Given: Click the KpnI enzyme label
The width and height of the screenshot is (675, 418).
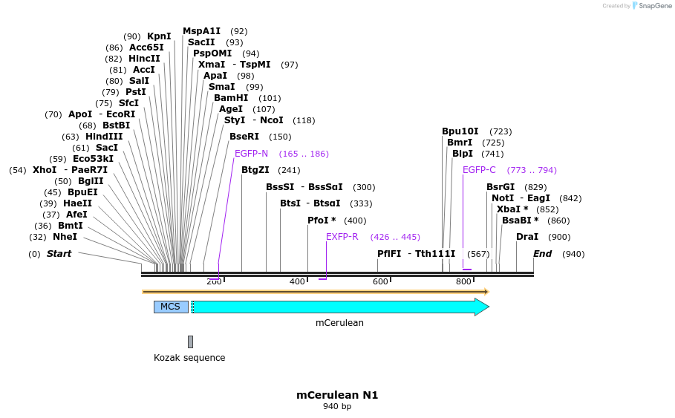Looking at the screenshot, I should click(159, 36).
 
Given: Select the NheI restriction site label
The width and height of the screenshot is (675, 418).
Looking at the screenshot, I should click(65, 237).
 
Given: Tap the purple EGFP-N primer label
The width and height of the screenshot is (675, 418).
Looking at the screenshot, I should click(251, 154).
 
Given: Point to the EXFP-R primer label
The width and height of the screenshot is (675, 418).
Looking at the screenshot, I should click(342, 237).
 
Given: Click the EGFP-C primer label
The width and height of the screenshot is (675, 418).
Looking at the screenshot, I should click(479, 170).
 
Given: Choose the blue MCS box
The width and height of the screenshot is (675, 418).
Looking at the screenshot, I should click(171, 307).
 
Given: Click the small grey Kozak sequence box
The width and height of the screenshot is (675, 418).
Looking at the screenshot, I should click(190, 342).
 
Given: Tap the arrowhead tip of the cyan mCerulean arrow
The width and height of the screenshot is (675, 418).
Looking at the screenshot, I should click(487, 307).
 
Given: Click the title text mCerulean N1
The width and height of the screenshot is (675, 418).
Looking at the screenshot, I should click(337, 395).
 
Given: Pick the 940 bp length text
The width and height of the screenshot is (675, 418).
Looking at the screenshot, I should click(337, 407).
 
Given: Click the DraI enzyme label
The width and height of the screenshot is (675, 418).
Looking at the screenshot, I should click(527, 237).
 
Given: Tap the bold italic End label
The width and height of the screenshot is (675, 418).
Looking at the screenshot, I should click(543, 254).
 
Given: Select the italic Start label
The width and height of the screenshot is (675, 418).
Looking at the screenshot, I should click(59, 254).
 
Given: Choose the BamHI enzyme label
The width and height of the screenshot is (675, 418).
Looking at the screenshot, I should click(231, 98).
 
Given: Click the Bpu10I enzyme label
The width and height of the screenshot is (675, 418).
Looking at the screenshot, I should click(460, 131).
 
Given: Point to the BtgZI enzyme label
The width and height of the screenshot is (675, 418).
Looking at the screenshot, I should click(255, 170).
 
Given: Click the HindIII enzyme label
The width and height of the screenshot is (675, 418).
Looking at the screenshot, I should click(104, 137).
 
